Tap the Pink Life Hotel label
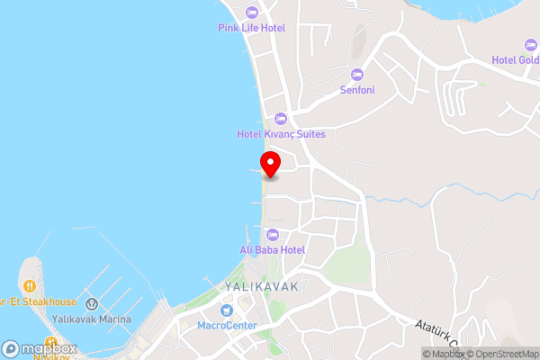point(251,28)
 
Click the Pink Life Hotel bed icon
point(251,13)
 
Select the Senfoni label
point(357,90)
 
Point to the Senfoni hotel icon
point(357,75)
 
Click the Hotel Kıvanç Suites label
point(281,134)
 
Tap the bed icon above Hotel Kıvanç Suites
point(280,119)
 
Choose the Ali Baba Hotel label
point(273,249)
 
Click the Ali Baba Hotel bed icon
point(273,234)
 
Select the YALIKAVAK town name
point(259,285)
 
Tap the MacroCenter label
point(228,325)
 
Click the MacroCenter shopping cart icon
point(228,310)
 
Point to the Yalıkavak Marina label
point(92,319)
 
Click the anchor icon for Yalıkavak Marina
point(92,304)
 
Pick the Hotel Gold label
point(516,60)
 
